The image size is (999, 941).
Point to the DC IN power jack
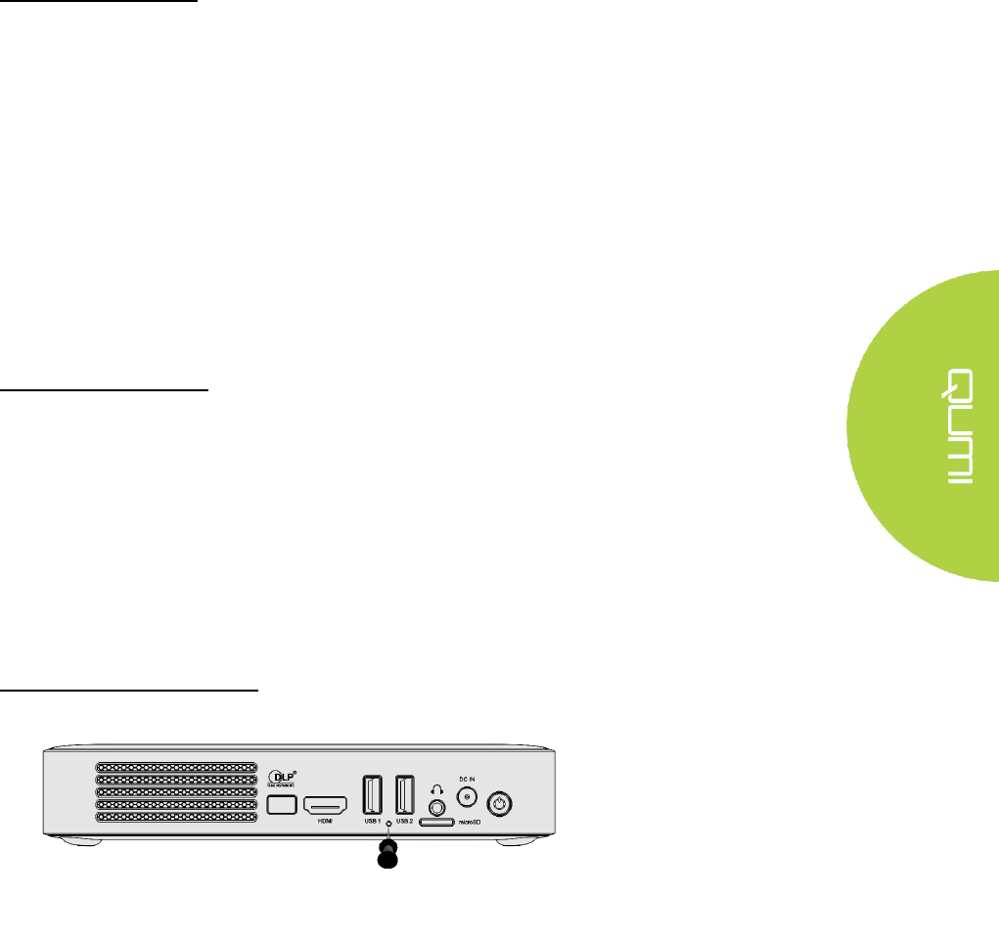[x=468, y=797]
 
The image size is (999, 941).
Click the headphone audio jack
[x=436, y=807]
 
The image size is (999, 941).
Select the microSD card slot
[x=436, y=824]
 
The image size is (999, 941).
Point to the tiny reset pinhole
[x=388, y=825]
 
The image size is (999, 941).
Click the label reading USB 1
[x=372, y=823]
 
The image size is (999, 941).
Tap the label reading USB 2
[x=404, y=823]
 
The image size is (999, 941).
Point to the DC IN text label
[x=468, y=779]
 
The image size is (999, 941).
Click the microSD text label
[x=471, y=824]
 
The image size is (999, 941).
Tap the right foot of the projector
[x=521, y=840]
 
